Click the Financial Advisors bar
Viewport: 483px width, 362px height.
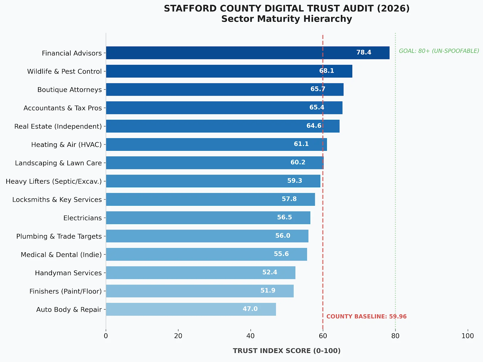click(x=248, y=53)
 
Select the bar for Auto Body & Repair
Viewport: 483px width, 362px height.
click(x=191, y=309)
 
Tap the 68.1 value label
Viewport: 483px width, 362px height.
click(x=327, y=71)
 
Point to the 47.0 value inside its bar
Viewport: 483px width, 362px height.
click(x=250, y=309)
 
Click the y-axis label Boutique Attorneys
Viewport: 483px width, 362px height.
click(x=69, y=90)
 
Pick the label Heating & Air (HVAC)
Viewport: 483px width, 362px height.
click(x=66, y=144)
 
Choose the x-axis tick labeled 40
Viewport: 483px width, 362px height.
click(x=250, y=336)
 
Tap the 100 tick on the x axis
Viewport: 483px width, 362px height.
click(x=468, y=336)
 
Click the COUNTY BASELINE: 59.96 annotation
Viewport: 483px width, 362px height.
click(x=366, y=316)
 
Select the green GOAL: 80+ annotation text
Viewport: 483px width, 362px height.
click(x=439, y=51)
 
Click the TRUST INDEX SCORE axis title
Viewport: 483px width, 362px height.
click(x=286, y=351)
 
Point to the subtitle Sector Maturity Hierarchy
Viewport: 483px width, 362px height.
click(x=286, y=19)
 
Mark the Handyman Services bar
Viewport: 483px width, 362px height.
click(x=200, y=273)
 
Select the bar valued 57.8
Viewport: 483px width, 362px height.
click(x=210, y=199)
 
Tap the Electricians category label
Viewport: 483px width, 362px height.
click(x=82, y=218)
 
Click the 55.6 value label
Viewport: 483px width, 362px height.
click(x=281, y=254)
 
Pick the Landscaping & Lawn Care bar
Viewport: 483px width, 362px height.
click(x=215, y=163)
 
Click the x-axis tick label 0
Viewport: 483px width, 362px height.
click(x=106, y=336)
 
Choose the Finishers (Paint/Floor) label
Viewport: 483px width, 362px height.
click(x=66, y=291)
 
